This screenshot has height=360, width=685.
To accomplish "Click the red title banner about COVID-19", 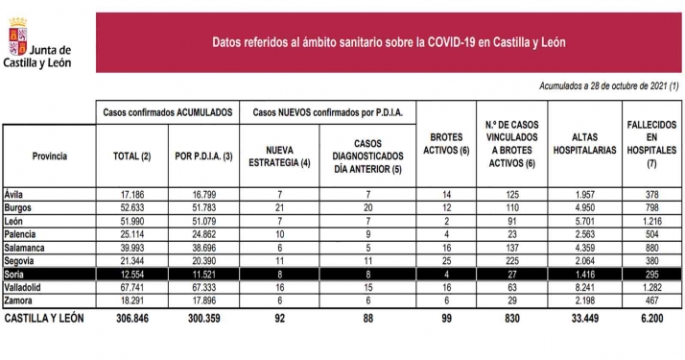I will pos(388,42).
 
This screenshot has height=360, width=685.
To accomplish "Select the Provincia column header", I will pos(49,156).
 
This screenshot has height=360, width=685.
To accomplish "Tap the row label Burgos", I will pos(19,207).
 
